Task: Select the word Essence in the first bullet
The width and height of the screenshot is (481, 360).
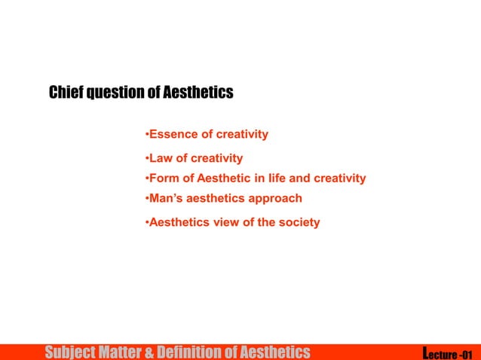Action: [x=170, y=135]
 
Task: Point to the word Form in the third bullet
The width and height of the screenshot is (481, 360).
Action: [x=164, y=178]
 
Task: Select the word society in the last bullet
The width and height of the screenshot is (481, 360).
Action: [x=299, y=222]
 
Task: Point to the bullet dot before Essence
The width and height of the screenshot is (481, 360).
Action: [x=146, y=136]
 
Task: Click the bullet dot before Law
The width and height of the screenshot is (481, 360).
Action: [x=146, y=159]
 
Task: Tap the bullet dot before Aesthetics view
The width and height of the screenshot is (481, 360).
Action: [x=146, y=223]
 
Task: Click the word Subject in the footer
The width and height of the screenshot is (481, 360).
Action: [x=72, y=352]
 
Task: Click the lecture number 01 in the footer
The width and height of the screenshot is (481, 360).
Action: [x=467, y=352]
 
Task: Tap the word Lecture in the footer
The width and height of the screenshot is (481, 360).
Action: [x=440, y=352]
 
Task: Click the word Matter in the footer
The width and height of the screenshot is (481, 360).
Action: [x=122, y=352]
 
